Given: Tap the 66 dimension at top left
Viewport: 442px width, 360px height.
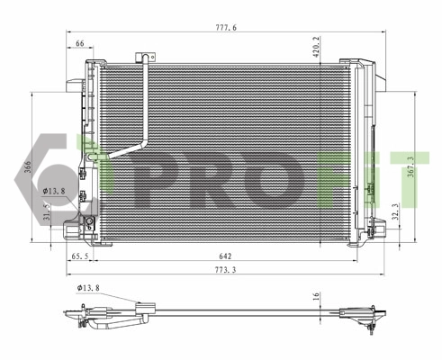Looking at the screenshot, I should tap(80, 43).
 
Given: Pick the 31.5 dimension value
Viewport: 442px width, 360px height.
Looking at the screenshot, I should tap(47, 213).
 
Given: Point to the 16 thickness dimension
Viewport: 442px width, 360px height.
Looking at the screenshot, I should tap(316, 295).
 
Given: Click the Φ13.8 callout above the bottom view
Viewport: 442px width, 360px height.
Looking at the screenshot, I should tap(89, 288).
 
